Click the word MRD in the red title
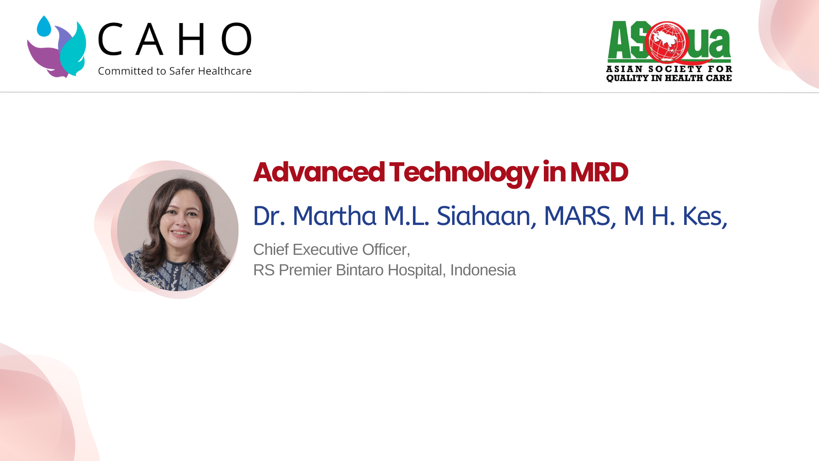[x=599, y=172]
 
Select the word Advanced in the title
[x=319, y=172]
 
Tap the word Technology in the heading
[x=464, y=174]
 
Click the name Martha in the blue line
[x=334, y=216]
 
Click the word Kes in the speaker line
[x=705, y=216]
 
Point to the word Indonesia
[x=483, y=270]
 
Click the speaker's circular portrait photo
[x=177, y=230]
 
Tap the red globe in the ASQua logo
[x=667, y=42]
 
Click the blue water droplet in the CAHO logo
[x=44, y=26]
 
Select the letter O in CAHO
[x=236, y=39]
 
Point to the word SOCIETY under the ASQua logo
[x=673, y=69]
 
